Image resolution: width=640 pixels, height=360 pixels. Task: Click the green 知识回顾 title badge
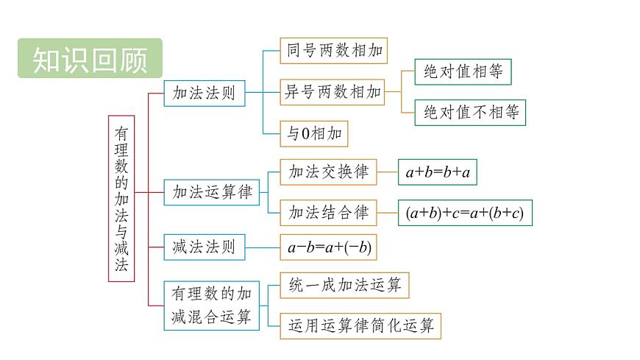pos(89,58)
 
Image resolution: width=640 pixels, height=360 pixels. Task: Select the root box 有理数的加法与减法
pos(121,197)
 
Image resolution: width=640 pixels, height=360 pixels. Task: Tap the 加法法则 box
pos(204,93)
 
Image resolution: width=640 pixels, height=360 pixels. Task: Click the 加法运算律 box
pos(211,192)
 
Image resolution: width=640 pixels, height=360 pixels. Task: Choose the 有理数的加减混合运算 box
pos(211,305)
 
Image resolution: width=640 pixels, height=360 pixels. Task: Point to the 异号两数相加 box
pos(333,92)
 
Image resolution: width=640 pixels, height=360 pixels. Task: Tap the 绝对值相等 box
pos(463,71)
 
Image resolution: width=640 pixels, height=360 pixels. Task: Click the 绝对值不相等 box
pos(470,113)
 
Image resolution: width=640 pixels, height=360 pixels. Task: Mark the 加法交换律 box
pos(328,172)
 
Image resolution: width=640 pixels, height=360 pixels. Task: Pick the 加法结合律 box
pos(328,213)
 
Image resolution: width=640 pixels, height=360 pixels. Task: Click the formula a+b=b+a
pos(437,173)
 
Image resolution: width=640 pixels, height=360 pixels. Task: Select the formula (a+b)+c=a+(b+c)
pos(464,213)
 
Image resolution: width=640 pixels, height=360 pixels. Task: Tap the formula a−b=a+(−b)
pos(329,248)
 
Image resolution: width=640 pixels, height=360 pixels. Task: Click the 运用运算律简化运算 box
pos(360,325)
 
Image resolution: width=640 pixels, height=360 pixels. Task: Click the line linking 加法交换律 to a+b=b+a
pos(387,173)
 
